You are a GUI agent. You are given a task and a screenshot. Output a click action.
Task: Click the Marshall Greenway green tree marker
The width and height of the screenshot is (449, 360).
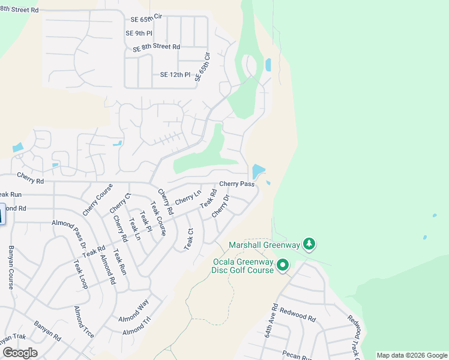[x=309, y=244]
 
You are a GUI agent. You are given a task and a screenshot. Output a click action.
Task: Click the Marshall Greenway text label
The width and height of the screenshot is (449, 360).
[x=264, y=245]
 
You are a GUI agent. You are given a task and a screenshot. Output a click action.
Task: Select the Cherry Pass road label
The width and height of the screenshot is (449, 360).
[x=237, y=184]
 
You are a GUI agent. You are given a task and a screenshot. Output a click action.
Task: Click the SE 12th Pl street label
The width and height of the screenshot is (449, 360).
[x=175, y=75]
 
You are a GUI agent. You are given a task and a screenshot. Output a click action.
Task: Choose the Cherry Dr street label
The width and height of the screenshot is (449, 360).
[x=220, y=206]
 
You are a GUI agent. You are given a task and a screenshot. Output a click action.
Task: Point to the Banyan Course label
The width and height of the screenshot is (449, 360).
[x=11, y=267]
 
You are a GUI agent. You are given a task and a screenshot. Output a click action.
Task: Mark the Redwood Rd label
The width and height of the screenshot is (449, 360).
[x=298, y=316]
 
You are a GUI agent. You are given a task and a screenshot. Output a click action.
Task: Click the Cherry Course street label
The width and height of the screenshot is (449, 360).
[x=97, y=200]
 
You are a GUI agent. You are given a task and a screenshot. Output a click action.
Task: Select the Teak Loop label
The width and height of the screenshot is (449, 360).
[x=80, y=274]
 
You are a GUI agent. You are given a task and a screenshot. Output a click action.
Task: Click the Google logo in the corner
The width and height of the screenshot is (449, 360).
[x=20, y=352]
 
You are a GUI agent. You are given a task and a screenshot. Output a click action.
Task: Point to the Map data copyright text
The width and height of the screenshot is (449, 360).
[x=411, y=355]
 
